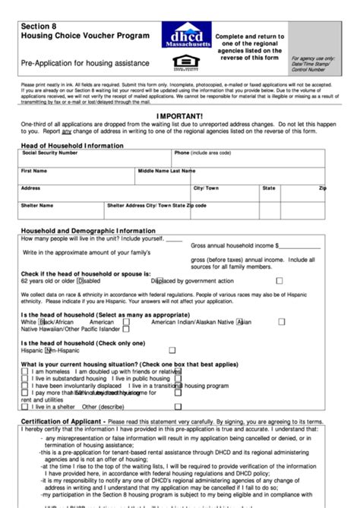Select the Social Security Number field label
click(x=49, y=153)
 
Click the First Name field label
click(x=35, y=171)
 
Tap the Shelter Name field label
click(x=37, y=205)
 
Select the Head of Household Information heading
click(x=72, y=145)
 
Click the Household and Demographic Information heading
click(x=88, y=230)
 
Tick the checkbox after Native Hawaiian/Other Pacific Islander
click(x=126, y=330)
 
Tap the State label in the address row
click(x=269, y=188)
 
